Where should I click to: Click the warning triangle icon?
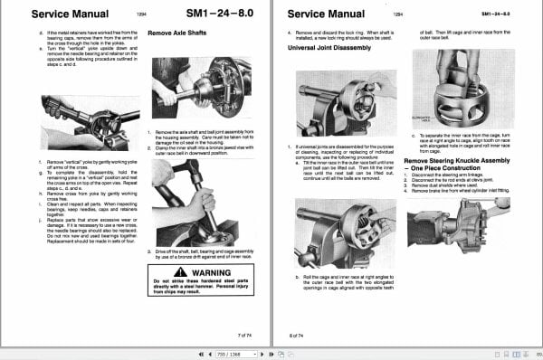[x=181, y=270]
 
